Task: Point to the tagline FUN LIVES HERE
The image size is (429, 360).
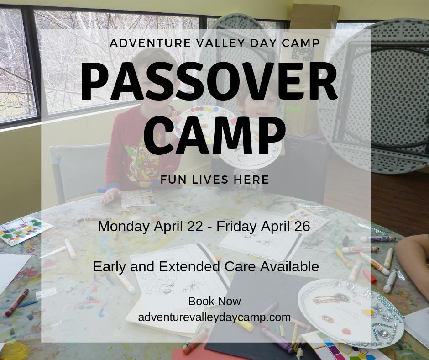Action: [214, 180]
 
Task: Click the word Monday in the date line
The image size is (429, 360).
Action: [120, 226]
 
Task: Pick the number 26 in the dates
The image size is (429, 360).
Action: [299, 226]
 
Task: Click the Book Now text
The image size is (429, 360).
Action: [214, 302]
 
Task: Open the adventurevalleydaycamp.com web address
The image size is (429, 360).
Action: [214, 317]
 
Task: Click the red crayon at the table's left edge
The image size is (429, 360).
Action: [17, 302]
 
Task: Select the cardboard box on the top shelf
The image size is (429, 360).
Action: [315, 16]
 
